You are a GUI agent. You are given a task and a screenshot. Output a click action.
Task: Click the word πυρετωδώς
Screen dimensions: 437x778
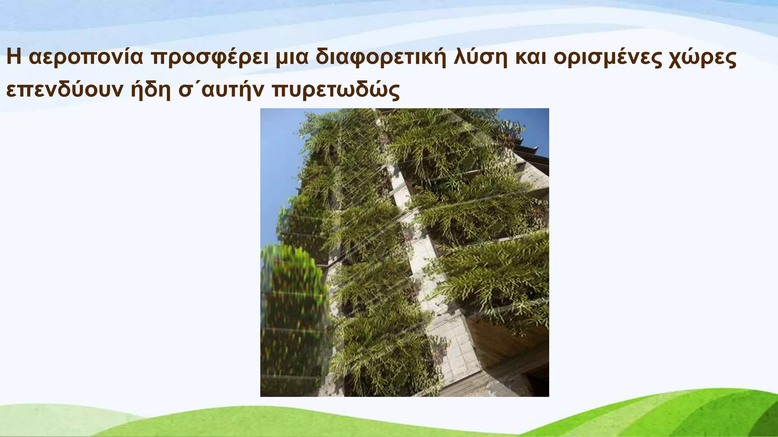[335, 90]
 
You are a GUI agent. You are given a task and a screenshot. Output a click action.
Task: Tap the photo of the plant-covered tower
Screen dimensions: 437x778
[404, 252]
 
